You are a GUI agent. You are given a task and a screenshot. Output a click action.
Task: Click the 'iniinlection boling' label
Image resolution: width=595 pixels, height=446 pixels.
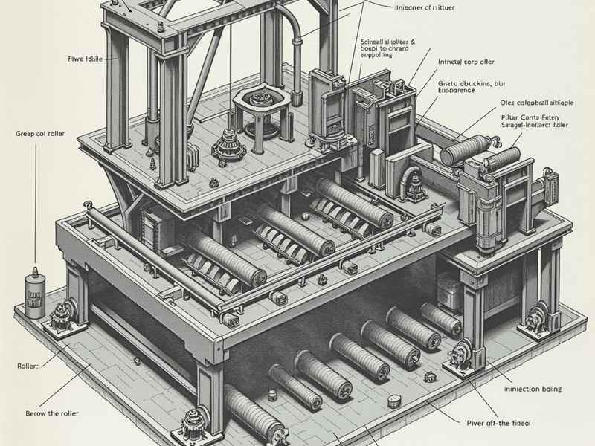pyautogui.click(x=531, y=389)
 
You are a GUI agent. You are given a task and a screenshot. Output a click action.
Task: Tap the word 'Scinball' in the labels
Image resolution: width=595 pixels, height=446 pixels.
pyautogui.click(x=374, y=43)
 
